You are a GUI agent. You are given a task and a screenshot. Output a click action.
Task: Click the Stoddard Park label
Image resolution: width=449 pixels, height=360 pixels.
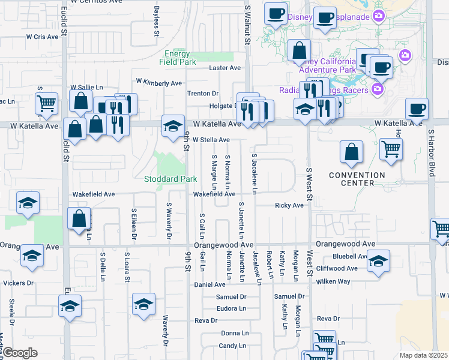coord(171,179)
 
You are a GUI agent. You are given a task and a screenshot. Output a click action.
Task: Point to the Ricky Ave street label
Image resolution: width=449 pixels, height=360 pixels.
coord(289,205)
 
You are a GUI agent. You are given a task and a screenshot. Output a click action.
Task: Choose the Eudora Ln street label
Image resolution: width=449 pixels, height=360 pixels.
coord(233,308)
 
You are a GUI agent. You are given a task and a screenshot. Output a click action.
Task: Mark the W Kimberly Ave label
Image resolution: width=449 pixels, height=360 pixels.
coord(158,82)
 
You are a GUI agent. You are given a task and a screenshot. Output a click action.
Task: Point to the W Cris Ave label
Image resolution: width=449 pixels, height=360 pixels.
coord(41,37)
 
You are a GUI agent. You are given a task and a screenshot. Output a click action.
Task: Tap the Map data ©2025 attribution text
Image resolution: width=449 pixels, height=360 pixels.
coord(423,355)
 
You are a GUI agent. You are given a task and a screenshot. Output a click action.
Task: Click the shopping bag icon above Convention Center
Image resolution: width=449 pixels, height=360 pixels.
coord(351,153)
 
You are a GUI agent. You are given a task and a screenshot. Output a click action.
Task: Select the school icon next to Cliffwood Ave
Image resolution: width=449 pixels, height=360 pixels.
coord(378,262)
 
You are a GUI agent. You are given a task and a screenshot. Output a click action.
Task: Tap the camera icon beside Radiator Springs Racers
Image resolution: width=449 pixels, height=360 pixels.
coord(378,90)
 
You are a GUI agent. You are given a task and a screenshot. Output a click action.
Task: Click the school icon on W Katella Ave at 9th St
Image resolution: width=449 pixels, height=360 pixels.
coord(173,126)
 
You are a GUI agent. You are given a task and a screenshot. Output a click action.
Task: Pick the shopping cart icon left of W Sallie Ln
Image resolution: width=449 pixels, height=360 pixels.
coord(46,104)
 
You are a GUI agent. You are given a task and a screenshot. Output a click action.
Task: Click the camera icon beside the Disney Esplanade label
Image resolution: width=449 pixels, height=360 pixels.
coord(379,16)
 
